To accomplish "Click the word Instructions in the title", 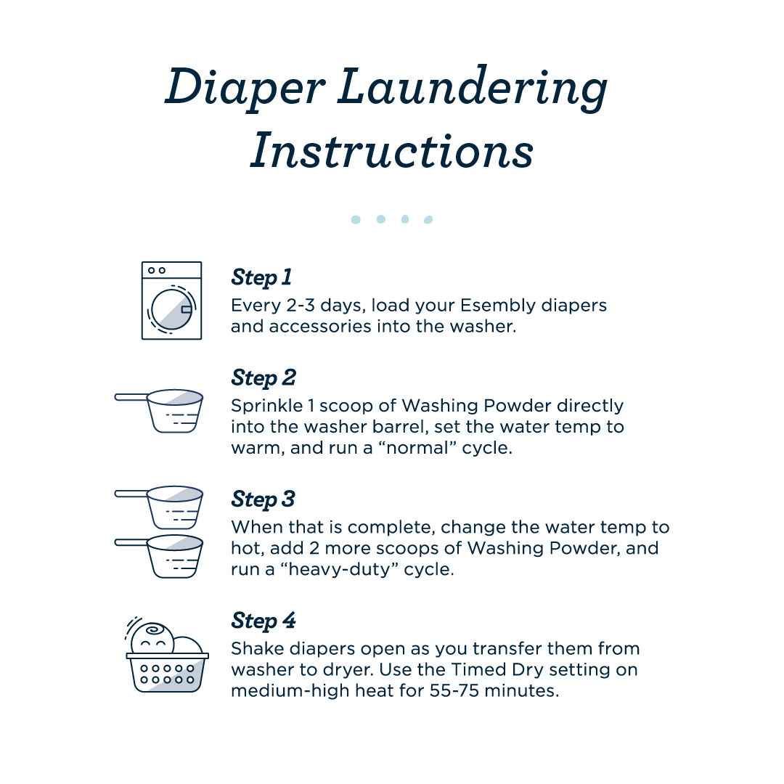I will coord(392,151).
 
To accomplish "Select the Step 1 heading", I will coord(261,277).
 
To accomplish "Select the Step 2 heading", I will coord(264,377).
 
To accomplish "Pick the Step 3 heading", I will coord(263,499).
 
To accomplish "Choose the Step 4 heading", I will coord(264,621).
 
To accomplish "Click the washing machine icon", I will coord(171,301).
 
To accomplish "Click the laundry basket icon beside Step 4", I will coord(168,657).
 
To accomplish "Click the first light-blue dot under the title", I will coord(356,219).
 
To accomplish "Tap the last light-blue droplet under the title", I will coord(428,219).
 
